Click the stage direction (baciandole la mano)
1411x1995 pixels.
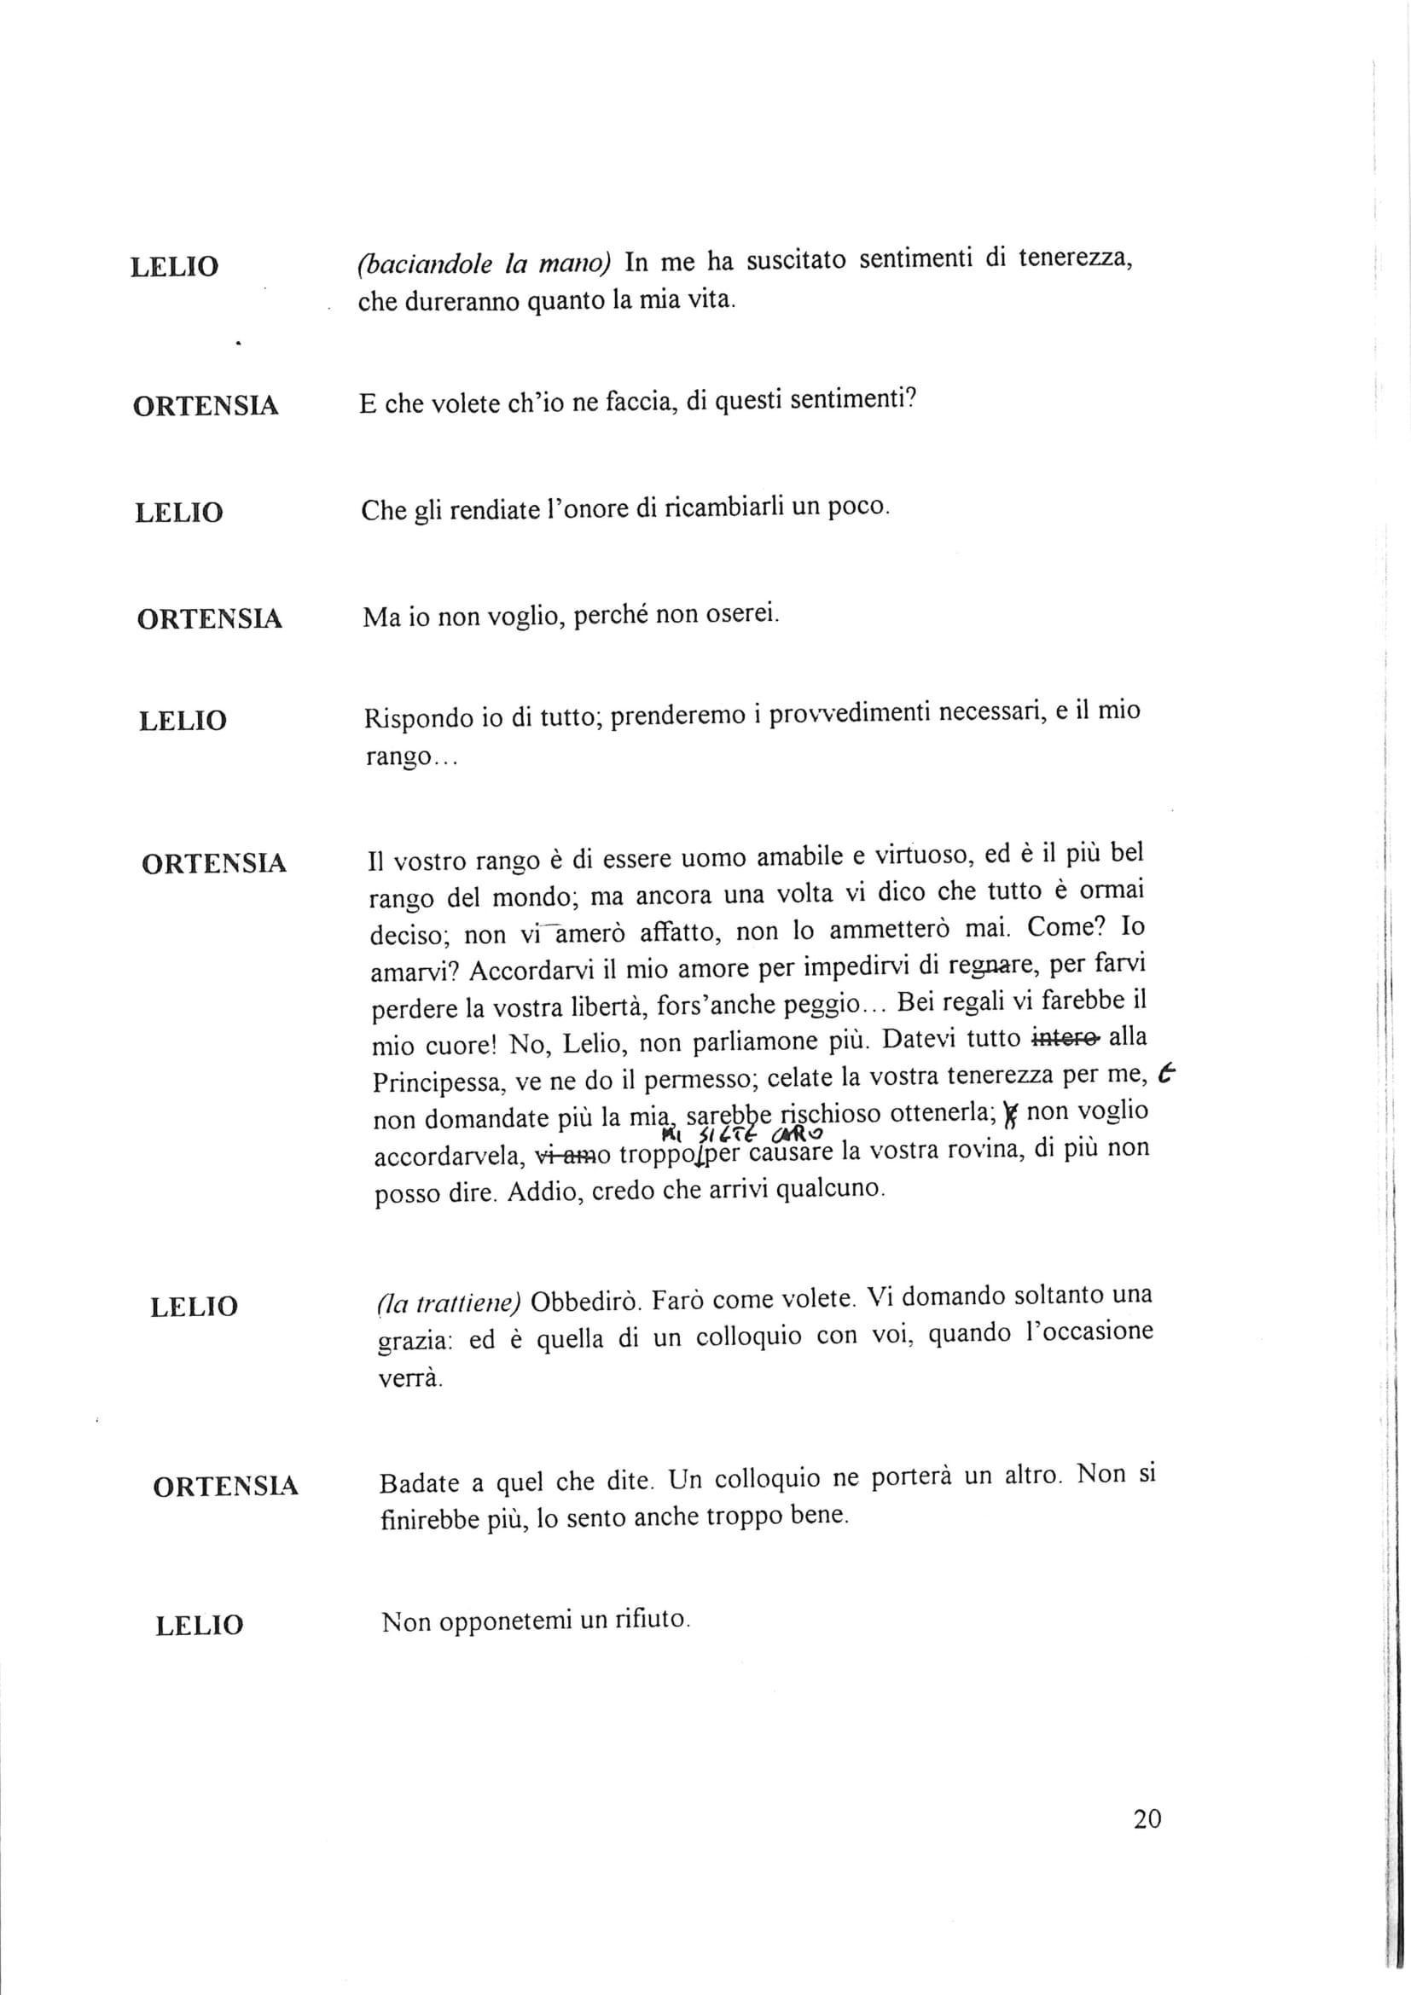[x=485, y=264]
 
